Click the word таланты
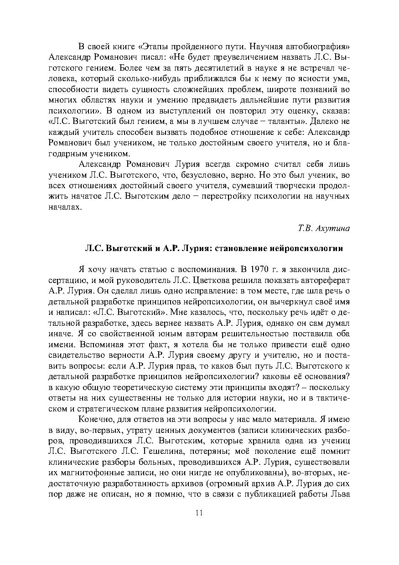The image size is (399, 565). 282,121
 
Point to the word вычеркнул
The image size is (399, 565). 272,299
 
